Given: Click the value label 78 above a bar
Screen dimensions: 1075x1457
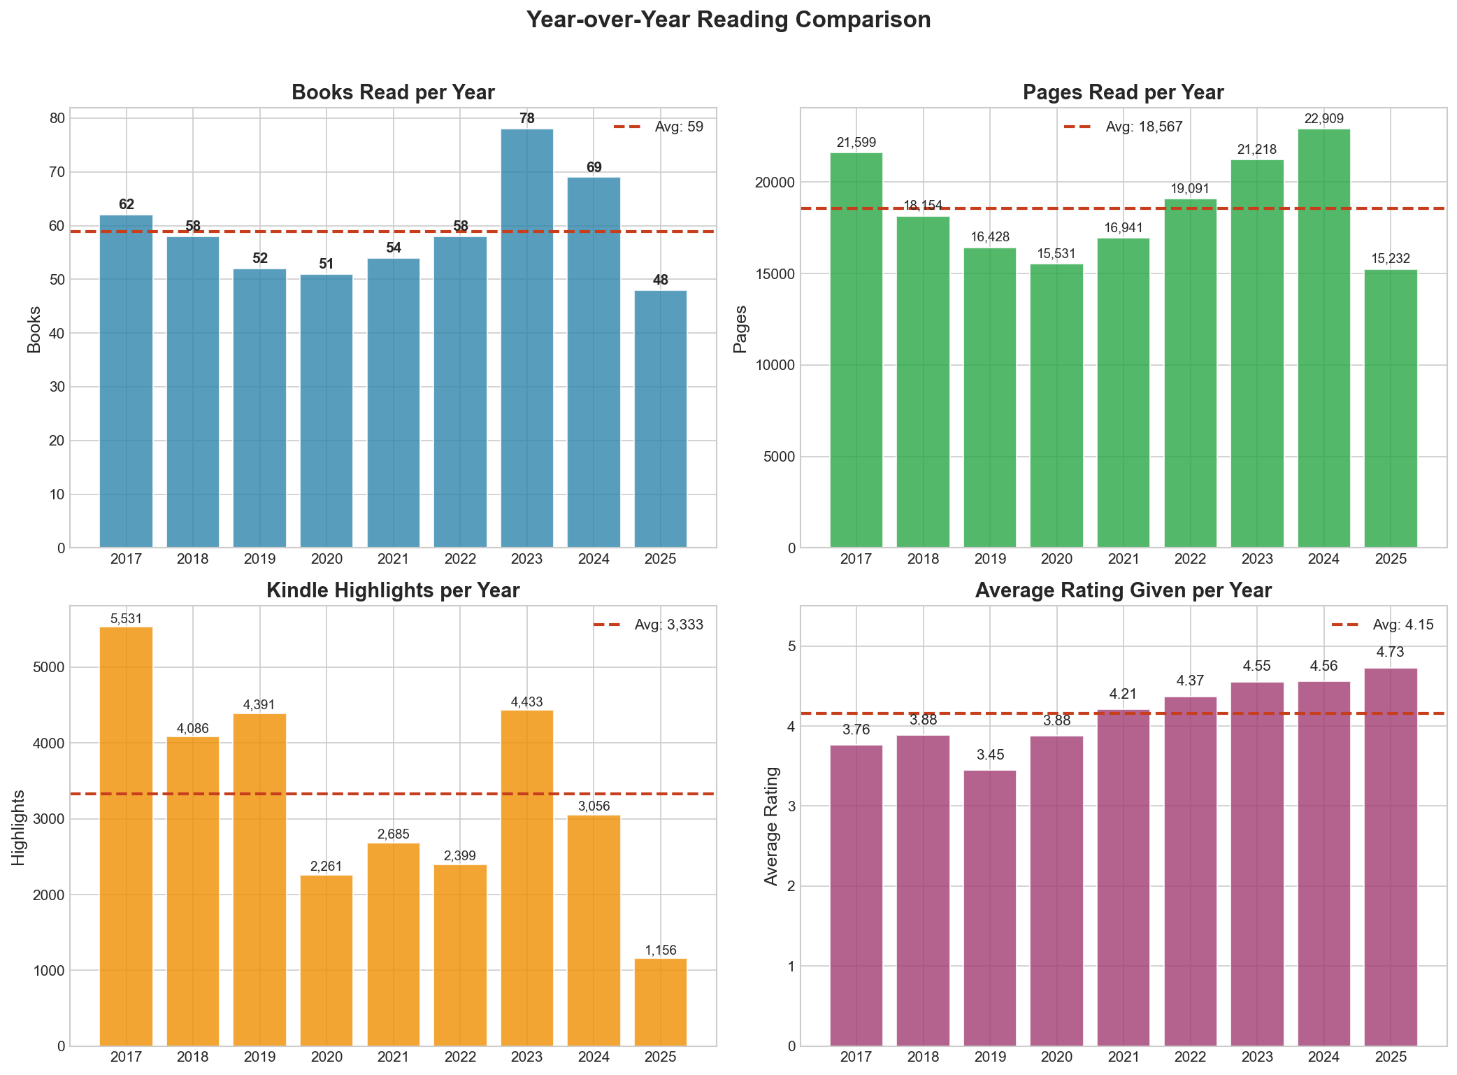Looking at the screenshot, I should point(526,119).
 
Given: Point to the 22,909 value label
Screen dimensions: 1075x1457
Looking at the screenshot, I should point(1323,119).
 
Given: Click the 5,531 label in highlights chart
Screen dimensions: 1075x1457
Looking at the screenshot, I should point(126,619).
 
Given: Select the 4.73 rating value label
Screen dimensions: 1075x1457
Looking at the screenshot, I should point(1390,653).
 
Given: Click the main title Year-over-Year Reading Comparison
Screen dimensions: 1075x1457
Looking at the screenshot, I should point(728,20).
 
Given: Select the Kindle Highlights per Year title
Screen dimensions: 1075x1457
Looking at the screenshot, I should point(393,591).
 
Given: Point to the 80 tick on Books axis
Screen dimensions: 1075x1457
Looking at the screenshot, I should point(57,118).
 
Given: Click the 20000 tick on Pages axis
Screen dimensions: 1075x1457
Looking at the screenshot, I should point(777,183).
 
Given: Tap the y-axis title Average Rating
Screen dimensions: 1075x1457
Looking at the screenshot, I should point(771,826).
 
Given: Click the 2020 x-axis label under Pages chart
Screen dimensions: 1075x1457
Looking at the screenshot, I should point(1056,560).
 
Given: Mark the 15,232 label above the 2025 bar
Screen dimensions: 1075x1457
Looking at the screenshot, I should point(1390,259).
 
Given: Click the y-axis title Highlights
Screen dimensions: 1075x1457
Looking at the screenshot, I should point(19,827).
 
